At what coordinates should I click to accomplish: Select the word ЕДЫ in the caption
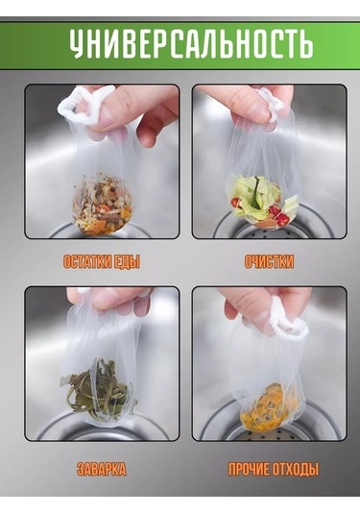131,261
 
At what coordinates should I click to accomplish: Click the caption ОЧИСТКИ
269,261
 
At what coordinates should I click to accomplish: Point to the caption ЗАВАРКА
102,470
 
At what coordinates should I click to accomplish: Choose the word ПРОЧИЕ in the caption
249,470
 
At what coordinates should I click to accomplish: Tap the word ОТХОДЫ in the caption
297,470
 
